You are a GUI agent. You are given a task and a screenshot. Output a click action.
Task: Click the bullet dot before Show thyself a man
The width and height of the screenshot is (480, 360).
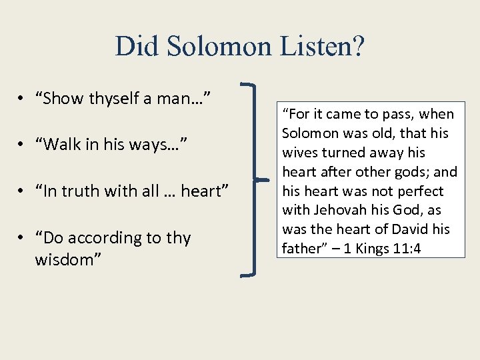coord(23,99)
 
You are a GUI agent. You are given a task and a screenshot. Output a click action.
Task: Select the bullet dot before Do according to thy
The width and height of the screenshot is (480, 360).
coord(23,239)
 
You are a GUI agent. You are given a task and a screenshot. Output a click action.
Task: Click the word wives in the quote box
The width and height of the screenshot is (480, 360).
coord(301,153)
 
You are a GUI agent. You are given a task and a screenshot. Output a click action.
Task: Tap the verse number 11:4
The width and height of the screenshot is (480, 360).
coord(408,249)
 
